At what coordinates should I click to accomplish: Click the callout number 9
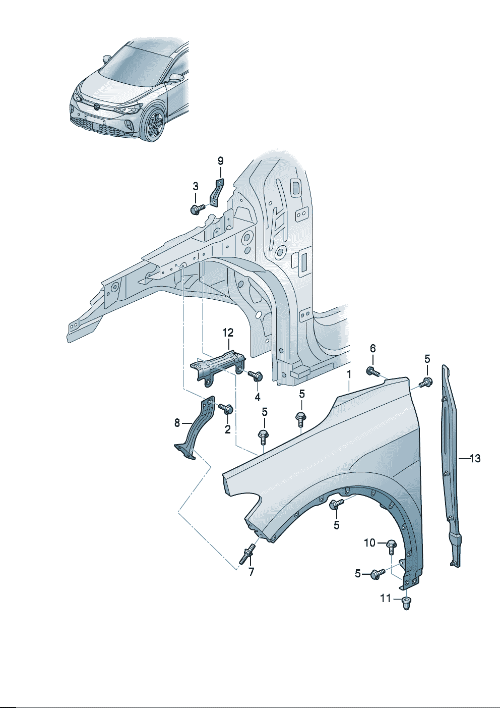point(220,161)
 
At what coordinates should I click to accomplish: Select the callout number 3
point(196,186)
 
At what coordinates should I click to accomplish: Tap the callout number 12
point(228,332)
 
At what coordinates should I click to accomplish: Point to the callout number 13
point(475,459)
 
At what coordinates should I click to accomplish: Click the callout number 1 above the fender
point(348,374)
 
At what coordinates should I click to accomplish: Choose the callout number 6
point(373,348)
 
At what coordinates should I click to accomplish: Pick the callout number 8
point(177,423)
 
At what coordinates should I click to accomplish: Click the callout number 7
point(251,572)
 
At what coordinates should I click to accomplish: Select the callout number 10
point(370,542)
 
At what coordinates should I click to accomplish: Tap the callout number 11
point(386,598)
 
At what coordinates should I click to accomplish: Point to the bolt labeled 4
point(257,376)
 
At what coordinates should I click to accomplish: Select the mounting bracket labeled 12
point(218,365)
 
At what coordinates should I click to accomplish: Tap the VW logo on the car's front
point(96,106)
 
